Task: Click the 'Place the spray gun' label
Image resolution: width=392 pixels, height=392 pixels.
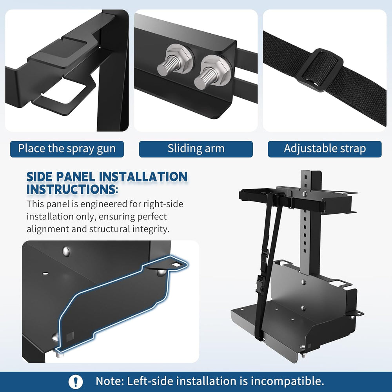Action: tap(67, 149)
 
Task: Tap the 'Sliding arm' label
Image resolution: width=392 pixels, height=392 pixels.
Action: tap(196, 149)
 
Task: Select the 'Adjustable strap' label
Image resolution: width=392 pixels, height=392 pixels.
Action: tap(325, 149)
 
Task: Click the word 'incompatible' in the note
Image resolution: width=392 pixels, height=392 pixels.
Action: tap(287, 381)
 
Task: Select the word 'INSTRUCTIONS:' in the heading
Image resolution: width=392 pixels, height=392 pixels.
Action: tap(72, 189)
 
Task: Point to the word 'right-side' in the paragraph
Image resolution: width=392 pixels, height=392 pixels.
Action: tap(163, 204)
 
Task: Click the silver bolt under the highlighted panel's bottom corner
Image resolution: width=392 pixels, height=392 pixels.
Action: tap(58, 354)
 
